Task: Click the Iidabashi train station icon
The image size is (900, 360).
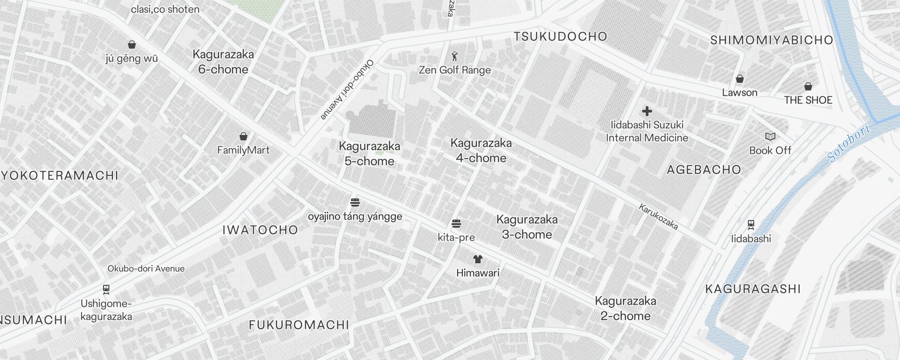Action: [x=751, y=224]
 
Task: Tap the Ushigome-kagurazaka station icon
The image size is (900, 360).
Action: [x=106, y=289]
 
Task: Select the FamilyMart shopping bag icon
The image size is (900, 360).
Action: [x=243, y=136]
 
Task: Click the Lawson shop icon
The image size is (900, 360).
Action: [x=740, y=79]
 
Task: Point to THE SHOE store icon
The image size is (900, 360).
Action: [x=808, y=86]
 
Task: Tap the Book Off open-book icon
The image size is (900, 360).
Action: [x=770, y=136]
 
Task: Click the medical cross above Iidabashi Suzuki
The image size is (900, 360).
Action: [x=647, y=111]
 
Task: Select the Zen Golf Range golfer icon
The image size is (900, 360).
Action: [x=454, y=57]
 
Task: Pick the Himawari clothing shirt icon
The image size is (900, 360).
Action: [x=478, y=259]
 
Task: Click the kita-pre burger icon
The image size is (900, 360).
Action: [x=456, y=224]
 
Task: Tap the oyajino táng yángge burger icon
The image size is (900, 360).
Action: [x=355, y=202]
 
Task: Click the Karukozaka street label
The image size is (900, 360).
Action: [x=658, y=216]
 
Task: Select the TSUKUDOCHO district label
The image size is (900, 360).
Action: [x=561, y=36]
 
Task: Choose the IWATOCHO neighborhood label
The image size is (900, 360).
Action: [x=261, y=230]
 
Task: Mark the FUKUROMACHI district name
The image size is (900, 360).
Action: [x=299, y=325]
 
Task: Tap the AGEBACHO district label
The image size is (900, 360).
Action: [x=704, y=170]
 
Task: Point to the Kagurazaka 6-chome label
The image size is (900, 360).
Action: [x=223, y=62]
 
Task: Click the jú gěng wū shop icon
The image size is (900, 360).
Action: [x=132, y=45]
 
